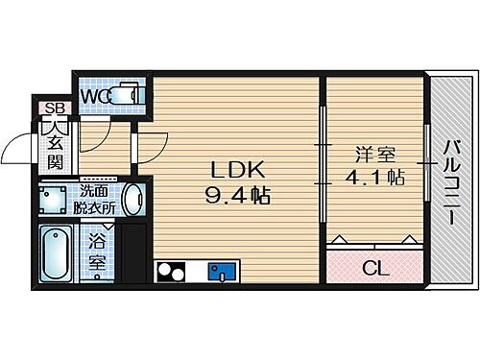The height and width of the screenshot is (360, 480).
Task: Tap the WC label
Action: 95,95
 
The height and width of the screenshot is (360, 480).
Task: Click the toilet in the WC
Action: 127,94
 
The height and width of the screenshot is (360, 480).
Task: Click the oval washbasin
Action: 134,200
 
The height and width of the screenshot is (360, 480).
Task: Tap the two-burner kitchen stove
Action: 170,271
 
